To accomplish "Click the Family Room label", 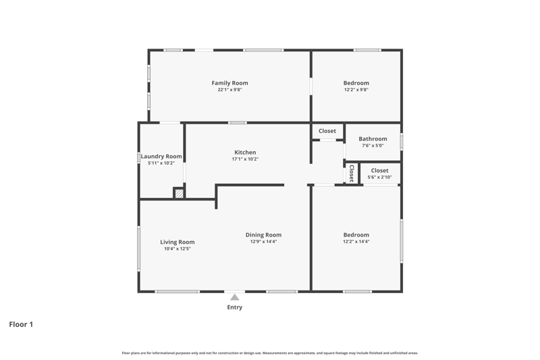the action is (x=230, y=83).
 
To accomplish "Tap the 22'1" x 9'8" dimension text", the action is (x=230, y=90).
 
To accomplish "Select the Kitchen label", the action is (x=245, y=152).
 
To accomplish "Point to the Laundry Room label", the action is (x=161, y=157).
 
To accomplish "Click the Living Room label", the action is (x=178, y=242).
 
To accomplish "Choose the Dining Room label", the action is (x=263, y=235).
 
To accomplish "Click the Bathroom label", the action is (x=373, y=139).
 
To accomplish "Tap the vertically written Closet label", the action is (x=352, y=174).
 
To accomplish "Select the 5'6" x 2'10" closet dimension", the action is (x=379, y=178).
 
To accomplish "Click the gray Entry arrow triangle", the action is (x=234, y=297).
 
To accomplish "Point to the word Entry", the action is (x=234, y=307).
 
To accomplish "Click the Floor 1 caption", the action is (x=21, y=324).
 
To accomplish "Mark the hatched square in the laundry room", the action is (x=179, y=194).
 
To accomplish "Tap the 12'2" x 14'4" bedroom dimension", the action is (x=356, y=242).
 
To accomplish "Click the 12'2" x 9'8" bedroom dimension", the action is (x=356, y=90).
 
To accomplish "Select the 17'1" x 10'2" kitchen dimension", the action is (x=245, y=159).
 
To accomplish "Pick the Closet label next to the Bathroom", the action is (x=327, y=131).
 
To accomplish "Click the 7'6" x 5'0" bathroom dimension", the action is (x=373, y=146).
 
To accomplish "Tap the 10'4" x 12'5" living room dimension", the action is (x=178, y=249).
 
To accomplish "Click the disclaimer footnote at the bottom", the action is (x=269, y=353).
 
